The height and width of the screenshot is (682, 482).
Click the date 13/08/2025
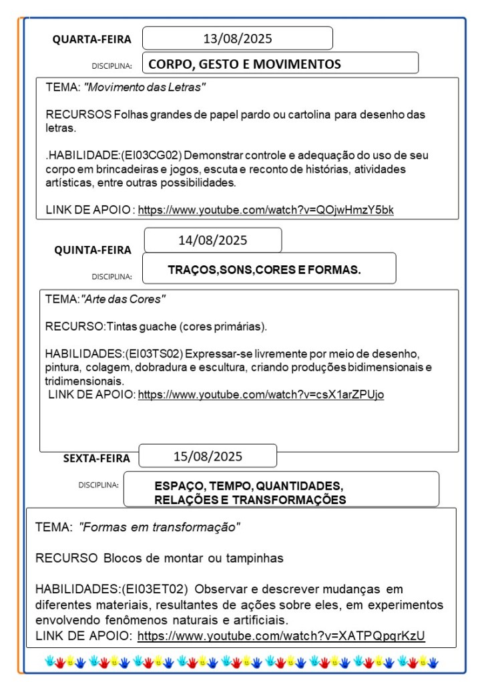click(x=238, y=39)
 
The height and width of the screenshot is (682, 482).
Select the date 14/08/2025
click(x=213, y=240)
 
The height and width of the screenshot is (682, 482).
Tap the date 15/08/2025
click(x=208, y=457)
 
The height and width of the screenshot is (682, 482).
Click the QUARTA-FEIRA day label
click(x=92, y=39)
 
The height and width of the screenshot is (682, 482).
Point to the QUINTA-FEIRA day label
click(x=93, y=250)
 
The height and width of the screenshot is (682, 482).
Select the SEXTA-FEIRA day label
click(x=97, y=458)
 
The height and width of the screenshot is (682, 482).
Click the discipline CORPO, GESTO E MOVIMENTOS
click(x=244, y=64)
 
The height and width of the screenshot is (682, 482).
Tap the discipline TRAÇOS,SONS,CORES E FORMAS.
click(x=264, y=270)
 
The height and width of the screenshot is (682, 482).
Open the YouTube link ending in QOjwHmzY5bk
click(x=266, y=210)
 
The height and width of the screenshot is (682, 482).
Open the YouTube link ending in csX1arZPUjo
click(x=260, y=394)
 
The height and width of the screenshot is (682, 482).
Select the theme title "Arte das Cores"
click(x=124, y=299)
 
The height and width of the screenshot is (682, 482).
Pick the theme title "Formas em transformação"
click(x=159, y=527)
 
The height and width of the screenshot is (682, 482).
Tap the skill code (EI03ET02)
click(x=155, y=589)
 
